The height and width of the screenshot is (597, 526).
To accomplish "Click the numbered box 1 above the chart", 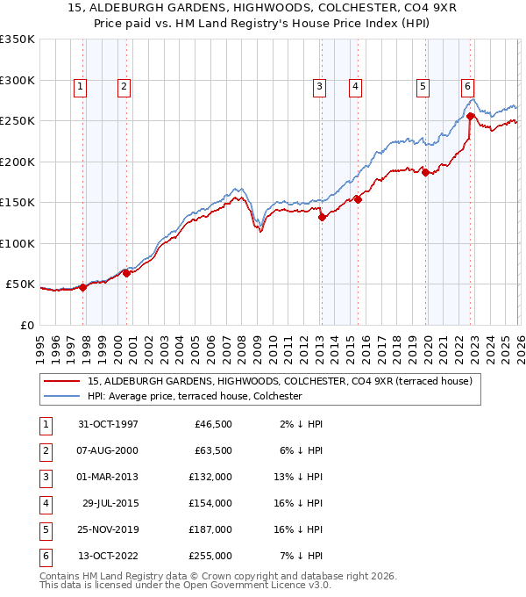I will (x=80, y=86).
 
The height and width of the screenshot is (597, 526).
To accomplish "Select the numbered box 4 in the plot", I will (x=355, y=86).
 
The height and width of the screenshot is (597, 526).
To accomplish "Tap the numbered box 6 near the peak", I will (x=467, y=86).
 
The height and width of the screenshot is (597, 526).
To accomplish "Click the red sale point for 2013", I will (x=322, y=218).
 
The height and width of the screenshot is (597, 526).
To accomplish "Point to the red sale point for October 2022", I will (x=471, y=116).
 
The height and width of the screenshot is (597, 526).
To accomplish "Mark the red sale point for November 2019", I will (x=426, y=172).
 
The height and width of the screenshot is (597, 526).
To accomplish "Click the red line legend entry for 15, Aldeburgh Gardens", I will (x=280, y=381).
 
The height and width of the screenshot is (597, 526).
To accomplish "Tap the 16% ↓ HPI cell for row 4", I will (x=298, y=504).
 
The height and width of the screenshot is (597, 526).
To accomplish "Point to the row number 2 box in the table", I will (x=45, y=451).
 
